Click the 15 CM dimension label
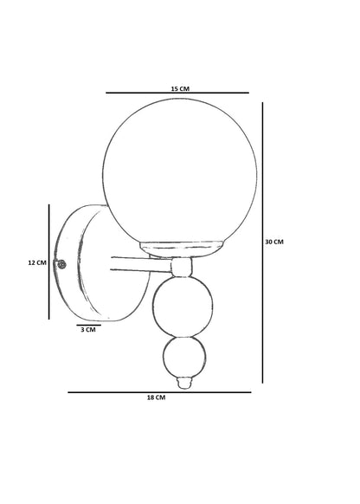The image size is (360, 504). point(180,88)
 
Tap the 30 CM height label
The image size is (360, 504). point(274,242)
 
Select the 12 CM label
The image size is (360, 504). point(37,262)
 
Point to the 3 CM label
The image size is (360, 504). point(88,330)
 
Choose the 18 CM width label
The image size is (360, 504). point(156,397)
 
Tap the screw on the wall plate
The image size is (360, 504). point(61,264)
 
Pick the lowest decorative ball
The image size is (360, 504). point(184,358)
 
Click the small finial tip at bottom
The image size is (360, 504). point(185,383)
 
